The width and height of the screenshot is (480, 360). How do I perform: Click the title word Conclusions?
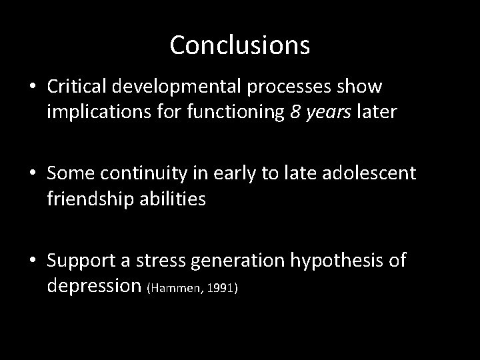tap(239, 45)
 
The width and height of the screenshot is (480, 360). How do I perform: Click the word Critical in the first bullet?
tap(77, 87)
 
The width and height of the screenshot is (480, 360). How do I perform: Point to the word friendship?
tap(90, 199)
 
